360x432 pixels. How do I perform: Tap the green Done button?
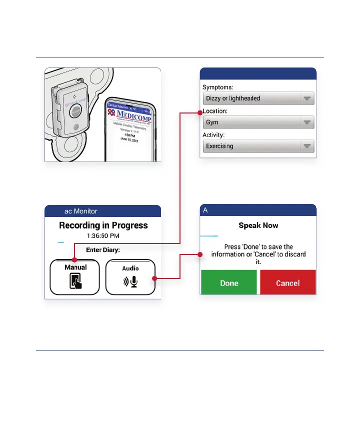229,283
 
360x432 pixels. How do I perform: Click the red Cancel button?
287,283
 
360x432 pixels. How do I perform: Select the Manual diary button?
75,277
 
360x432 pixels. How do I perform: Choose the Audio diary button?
130,277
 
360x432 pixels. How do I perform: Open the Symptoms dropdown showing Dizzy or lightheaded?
258,98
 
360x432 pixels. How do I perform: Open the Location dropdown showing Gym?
258,122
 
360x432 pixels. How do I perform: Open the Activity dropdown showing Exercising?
258,146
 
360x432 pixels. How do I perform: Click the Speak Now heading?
258,225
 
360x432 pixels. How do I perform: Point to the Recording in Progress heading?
103,225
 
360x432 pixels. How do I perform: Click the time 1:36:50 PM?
103,235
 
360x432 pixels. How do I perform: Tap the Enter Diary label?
103,249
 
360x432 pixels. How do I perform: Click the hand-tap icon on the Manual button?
75,282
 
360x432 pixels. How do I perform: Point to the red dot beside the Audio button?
155,278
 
